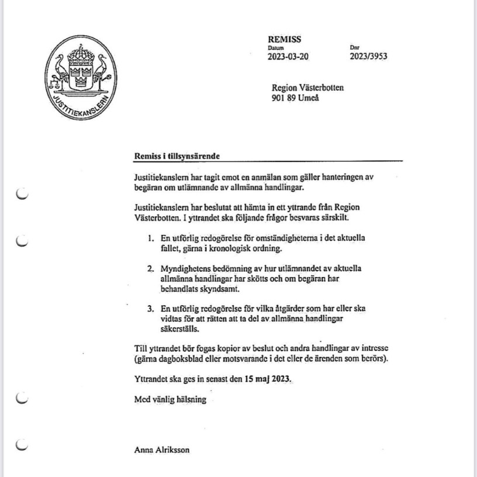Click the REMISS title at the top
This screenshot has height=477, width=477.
[284, 40]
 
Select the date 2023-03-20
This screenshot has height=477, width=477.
[288, 57]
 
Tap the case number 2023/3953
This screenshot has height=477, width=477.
[368, 57]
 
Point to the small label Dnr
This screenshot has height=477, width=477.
[354, 48]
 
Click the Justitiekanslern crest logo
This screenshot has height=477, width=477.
[81, 78]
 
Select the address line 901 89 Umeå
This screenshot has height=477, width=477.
[295, 98]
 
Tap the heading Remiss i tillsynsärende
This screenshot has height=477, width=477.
[177, 156]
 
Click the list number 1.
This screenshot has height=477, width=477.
[150, 238]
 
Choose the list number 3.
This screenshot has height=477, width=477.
[150, 308]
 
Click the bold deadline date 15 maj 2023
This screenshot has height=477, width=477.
[267, 378]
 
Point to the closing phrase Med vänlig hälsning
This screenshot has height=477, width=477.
[170, 400]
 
